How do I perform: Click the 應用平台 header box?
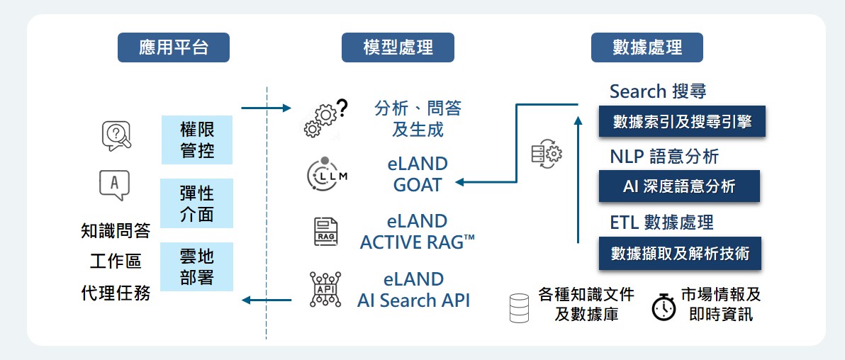[174, 47]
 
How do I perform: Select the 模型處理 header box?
[398, 47]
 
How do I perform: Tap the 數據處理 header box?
[647, 47]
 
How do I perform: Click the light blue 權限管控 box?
[196, 140]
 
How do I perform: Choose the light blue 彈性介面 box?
[196, 203]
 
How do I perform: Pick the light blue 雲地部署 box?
[196, 266]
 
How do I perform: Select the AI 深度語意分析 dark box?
[678, 186]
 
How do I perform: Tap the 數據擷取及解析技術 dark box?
[680, 253]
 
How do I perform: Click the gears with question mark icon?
[325, 118]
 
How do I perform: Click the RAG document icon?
[326, 231]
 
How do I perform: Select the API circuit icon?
[325, 289]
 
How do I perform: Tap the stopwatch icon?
[664, 306]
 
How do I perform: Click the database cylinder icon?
[520, 307]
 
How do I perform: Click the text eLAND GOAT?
[418, 174]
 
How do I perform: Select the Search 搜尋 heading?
[658, 91]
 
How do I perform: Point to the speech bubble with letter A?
[116, 186]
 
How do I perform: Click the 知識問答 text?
[116, 231]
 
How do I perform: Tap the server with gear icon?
[546, 154]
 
